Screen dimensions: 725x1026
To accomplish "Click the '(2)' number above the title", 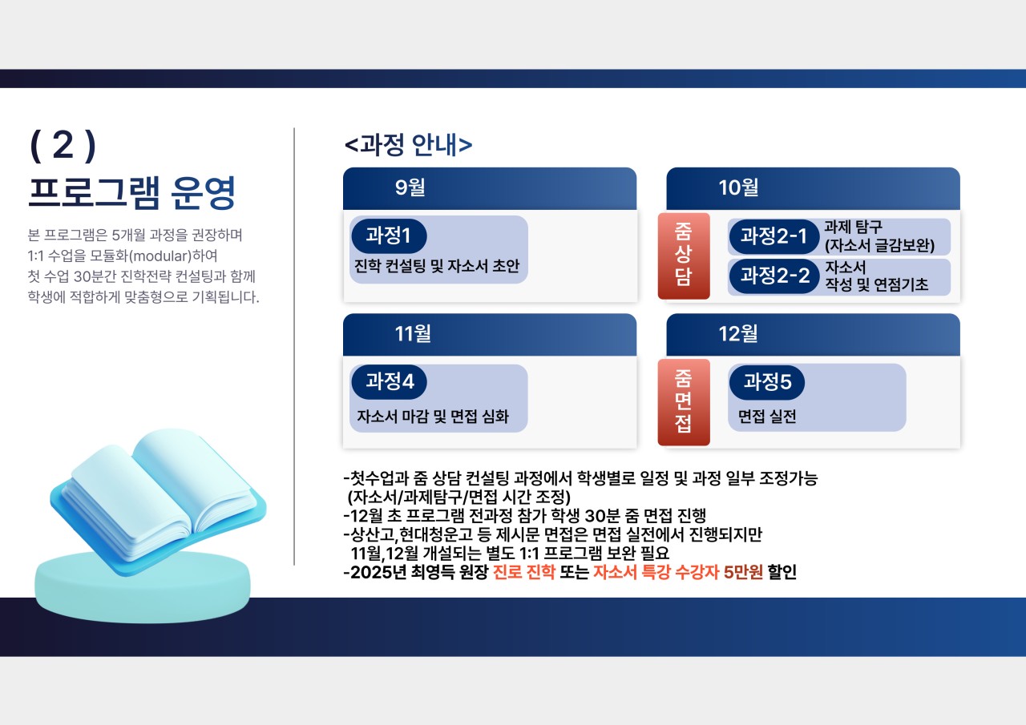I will tap(63, 147).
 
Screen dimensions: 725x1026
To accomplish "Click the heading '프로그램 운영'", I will tap(131, 192).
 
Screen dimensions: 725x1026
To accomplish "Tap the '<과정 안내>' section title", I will tap(408, 145).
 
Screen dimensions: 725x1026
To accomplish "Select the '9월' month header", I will tap(410, 188).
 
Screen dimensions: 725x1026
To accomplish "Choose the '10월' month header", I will tap(738, 188).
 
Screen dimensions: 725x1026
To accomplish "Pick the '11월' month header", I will tap(413, 334).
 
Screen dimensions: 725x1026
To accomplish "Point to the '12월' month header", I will tap(738, 334).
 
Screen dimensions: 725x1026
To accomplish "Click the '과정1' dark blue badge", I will tap(389, 236).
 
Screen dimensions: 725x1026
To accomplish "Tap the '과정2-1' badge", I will tap(774, 236).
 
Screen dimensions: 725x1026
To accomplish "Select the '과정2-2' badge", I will tap(774, 276).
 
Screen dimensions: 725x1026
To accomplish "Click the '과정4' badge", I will tap(389, 381).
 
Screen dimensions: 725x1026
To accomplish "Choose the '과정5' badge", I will tap(767, 382).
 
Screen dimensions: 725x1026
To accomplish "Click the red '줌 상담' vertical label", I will tap(684, 256).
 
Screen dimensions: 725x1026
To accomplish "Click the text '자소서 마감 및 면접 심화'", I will tap(433, 417).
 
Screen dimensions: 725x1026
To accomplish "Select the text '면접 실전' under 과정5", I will tap(767, 417).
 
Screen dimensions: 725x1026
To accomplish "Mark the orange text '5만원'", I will tap(743, 574).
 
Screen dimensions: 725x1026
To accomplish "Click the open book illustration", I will tap(160, 497).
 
